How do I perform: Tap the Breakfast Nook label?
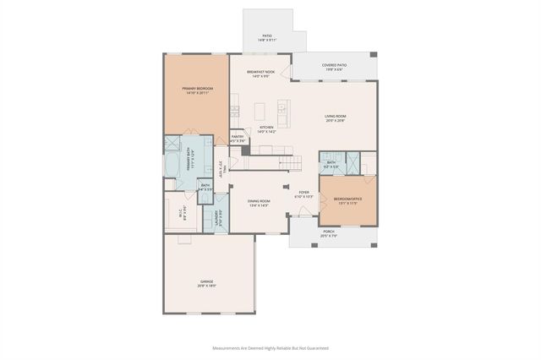[x=261, y=74]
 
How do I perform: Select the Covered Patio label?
[x=334, y=67]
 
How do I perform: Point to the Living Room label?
[x=336, y=117]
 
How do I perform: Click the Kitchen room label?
[x=266, y=130]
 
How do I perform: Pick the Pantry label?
[x=237, y=138]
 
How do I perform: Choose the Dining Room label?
[x=259, y=203]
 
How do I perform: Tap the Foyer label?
[x=303, y=194]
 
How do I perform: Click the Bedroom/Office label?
[x=348, y=202]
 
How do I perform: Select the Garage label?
[x=207, y=283]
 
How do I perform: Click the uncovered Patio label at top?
[x=267, y=37]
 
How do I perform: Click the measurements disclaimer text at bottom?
[x=270, y=347]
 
